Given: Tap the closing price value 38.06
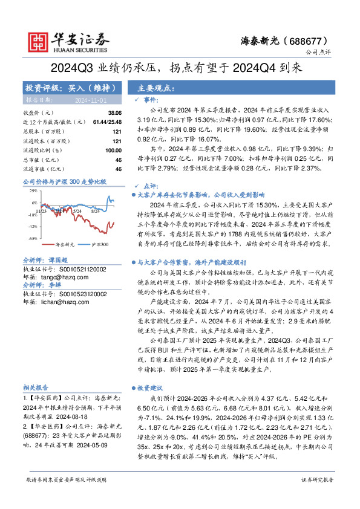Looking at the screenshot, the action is coord(114,113).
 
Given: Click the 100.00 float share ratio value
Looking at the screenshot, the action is coord(113,150).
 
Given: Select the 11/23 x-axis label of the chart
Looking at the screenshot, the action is coord(49,212).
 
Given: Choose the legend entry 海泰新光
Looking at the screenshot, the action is coord(65,245).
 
